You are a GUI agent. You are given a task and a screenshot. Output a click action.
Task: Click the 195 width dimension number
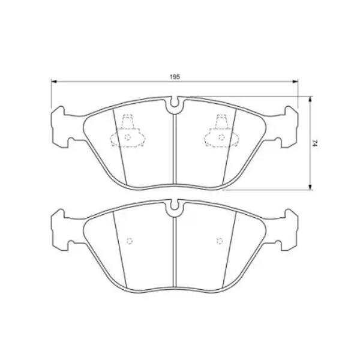(175, 77)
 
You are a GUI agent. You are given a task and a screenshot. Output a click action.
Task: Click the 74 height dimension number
(315, 144)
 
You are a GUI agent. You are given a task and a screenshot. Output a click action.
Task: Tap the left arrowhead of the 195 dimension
(53, 81)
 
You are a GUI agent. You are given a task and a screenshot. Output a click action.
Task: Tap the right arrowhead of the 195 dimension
(295, 81)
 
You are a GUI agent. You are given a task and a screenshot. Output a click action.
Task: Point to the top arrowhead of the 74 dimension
(310, 100)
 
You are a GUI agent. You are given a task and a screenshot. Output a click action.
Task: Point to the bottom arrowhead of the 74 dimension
(310, 187)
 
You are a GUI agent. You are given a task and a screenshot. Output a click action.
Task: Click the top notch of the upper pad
(175, 105)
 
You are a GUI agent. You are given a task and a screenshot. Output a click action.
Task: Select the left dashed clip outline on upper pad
(128, 130)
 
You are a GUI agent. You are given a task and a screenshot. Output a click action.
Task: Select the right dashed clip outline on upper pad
(221, 130)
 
